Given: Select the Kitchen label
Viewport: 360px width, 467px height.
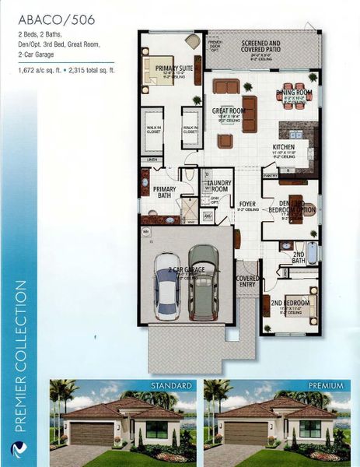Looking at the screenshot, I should (283, 147).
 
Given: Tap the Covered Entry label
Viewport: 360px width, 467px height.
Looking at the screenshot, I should (248, 280).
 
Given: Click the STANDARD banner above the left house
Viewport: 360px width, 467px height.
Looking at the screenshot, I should (171, 386).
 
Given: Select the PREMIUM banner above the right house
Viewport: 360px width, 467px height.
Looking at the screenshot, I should (325, 386).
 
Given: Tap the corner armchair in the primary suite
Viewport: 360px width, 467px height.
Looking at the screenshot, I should (192, 41).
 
